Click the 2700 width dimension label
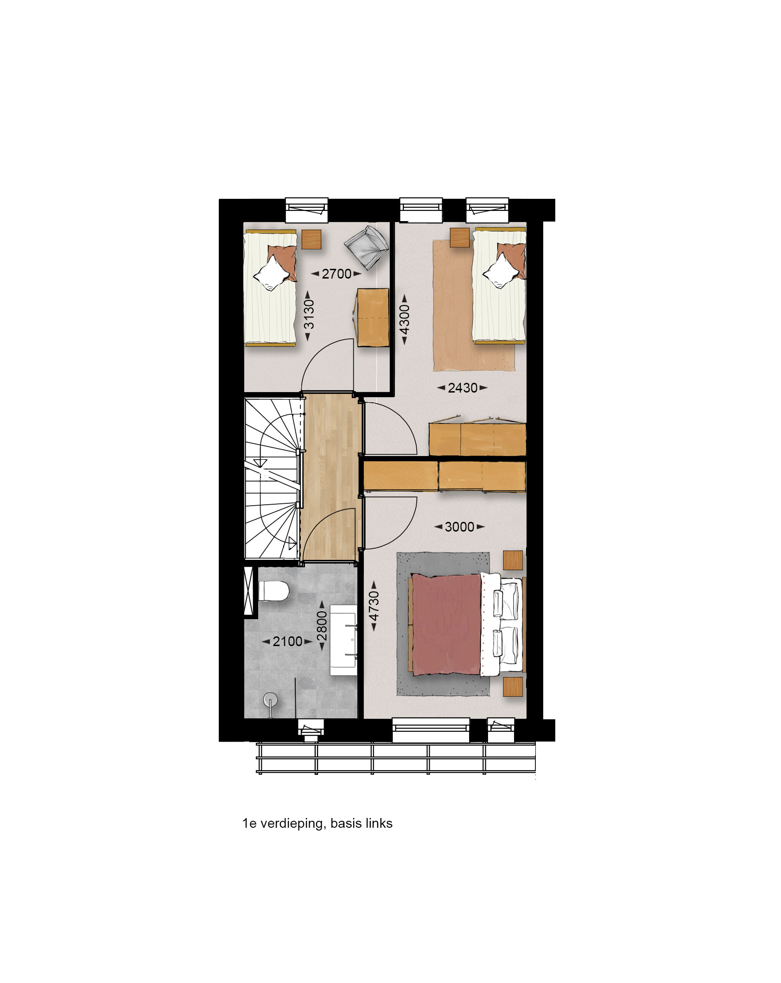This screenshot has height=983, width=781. tap(337, 274)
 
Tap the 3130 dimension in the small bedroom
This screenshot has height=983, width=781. tap(308, 314)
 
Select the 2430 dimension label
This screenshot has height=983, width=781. tap(463, 388)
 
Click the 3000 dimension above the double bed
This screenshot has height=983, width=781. tap(459, 527)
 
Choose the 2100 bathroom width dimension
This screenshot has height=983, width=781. tap(287, 641)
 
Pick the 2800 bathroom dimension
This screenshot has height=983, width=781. tap(322, 626)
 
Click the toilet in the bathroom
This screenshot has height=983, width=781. tap(273, 591)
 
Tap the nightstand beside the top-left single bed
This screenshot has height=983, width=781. tap(311, 240)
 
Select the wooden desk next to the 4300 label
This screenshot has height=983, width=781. tap(373, 317)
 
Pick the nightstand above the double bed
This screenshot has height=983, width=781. tap(513, 561)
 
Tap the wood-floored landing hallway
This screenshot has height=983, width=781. tap(331, 479)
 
